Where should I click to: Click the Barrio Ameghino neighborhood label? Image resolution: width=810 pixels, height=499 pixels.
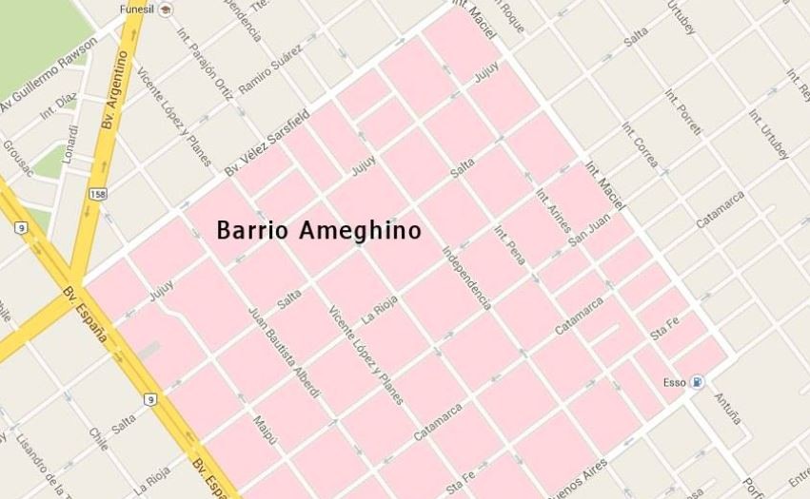tap(319, 231)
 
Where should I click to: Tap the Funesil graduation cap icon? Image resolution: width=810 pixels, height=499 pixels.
tap(167, 10)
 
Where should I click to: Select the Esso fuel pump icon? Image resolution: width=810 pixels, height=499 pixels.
tap(699, 383)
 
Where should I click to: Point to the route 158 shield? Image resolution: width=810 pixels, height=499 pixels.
tap(97, 194)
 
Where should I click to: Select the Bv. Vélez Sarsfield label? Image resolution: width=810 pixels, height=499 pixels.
tap(267, 142)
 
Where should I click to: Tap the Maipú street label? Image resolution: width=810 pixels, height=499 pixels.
tap(265, 432)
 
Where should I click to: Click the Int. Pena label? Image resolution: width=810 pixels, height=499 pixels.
tap(511, 246)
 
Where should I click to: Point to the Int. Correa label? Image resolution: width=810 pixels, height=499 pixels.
tap(640, 144)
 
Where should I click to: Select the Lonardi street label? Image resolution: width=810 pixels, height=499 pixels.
tap(70, 144)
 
